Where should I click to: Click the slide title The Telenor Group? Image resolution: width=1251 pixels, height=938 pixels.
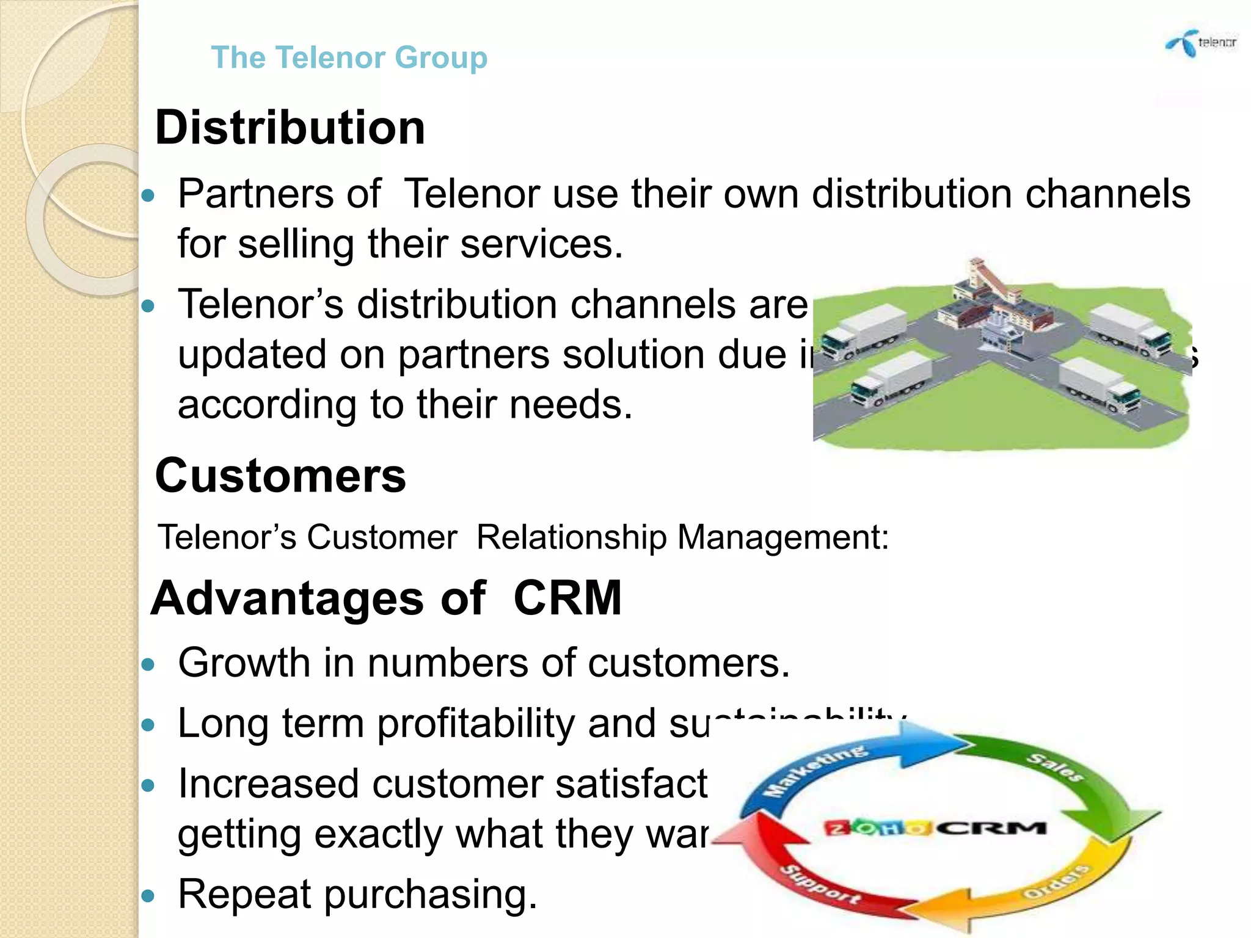[x=349, y=57]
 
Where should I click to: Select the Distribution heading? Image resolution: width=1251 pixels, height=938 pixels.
[x=290, y=128]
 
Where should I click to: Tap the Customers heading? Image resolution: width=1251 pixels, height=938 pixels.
[x=280, y=476]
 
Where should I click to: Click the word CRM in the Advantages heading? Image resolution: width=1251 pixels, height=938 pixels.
[x=567, y=598]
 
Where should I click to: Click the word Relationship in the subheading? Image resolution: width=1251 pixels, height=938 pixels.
[x=571, y=538]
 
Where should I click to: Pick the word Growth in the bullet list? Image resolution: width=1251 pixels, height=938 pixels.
[x=244, y=663]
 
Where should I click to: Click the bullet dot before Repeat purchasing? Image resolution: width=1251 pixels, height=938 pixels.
[x=148, y=896]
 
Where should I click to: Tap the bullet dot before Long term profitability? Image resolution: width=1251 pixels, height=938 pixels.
[x=148, y=725]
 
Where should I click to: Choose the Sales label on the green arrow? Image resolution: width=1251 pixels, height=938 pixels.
[x=1055, y=768]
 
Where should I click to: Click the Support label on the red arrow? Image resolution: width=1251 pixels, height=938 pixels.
[x=822, y=885]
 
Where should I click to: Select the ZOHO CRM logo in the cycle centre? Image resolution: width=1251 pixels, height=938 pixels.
[x=935, y=828]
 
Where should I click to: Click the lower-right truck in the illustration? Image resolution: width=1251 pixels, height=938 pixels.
[x=1100, y=385]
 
